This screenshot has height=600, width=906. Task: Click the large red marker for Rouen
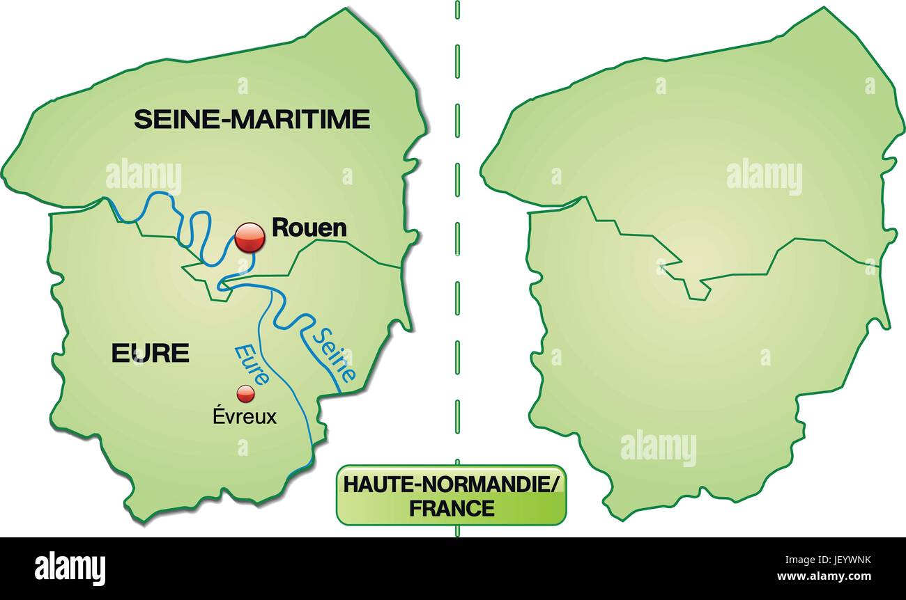249,238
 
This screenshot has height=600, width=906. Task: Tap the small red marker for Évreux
245,394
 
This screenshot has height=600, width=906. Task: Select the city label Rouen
309,227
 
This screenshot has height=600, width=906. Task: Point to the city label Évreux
244,417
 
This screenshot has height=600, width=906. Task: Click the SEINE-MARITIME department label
252,119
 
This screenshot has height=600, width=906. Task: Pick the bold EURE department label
151,353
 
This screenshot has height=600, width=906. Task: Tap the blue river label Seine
332,354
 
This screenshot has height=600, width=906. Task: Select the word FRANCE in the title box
451,508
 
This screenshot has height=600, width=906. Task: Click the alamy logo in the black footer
70,567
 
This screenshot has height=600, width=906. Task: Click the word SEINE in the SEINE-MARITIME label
174,119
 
